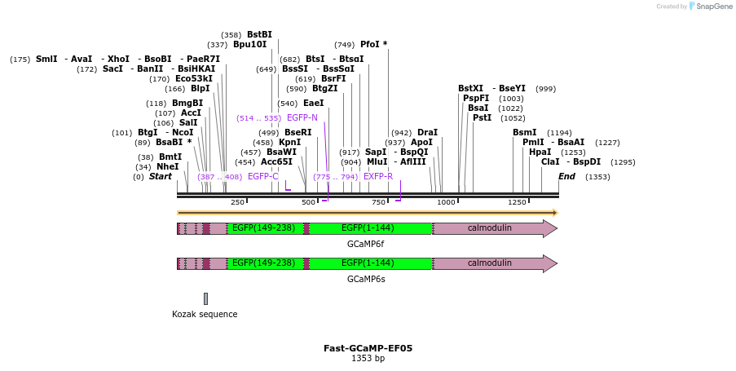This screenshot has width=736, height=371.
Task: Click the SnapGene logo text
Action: (x=712, y=7)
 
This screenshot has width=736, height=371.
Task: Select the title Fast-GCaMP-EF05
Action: (x=368, y=348)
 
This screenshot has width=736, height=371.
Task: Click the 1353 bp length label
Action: (x=368, y=359)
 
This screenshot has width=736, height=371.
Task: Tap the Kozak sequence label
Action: (x=205, y=314)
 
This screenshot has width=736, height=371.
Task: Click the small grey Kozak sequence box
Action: (x=205, y=298)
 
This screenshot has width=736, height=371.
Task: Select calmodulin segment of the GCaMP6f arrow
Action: (x=489, y=228)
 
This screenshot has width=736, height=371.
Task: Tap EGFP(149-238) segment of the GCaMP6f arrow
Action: (x=263, y=228)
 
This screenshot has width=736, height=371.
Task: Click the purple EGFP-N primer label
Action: (x=302, y=118)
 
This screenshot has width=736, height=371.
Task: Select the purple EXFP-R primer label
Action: (x=378, y=176)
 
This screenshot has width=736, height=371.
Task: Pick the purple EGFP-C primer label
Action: (x=262, y=176)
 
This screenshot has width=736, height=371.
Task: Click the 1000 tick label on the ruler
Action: (x=446, y=202)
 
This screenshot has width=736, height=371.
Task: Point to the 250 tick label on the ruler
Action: (x=237, y=202)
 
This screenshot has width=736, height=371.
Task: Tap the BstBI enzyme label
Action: (x=259, y=35)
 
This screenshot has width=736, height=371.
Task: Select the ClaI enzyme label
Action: (x=550, y=162)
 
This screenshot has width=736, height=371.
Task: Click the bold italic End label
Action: (x=567, y=176)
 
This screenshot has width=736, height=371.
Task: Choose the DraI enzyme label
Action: (x=427, y=132)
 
